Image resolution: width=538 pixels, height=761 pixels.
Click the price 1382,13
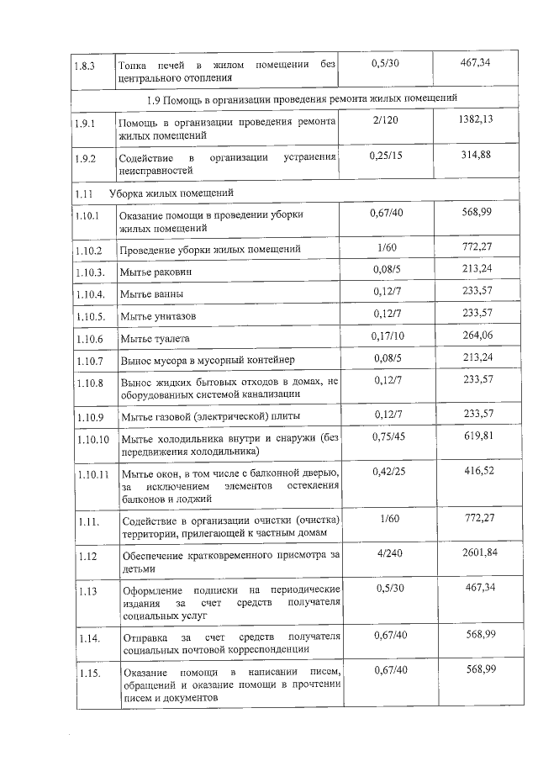tap(477, 121)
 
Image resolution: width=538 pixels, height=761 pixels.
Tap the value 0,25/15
tap(388, 156)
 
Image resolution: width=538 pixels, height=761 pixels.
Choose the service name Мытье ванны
tap(151, 294)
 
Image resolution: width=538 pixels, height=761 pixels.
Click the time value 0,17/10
tap(388, 336)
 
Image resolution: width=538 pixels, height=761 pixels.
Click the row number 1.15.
tap(85, 674)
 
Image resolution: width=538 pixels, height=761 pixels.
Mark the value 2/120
tap(388, 121)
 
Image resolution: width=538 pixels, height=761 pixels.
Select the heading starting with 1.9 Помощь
tap(302, 99)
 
